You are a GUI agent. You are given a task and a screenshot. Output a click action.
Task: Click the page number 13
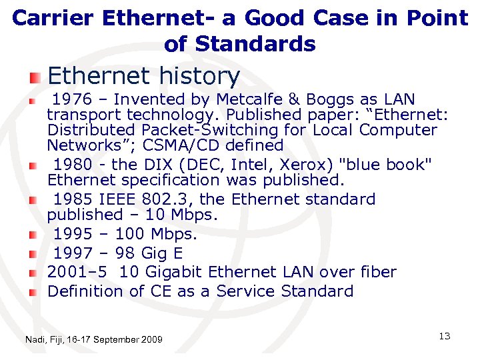(x=445, y=336)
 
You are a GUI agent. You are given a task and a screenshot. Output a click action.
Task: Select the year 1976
(x=72, y=100)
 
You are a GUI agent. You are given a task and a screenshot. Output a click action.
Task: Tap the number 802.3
(x=170, y=199)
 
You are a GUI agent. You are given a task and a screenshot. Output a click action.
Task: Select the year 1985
(x=73, y=199)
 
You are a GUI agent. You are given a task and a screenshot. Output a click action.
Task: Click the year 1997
(x=73, y=253)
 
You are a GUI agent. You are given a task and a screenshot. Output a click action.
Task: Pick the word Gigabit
(x=173, y=272)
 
